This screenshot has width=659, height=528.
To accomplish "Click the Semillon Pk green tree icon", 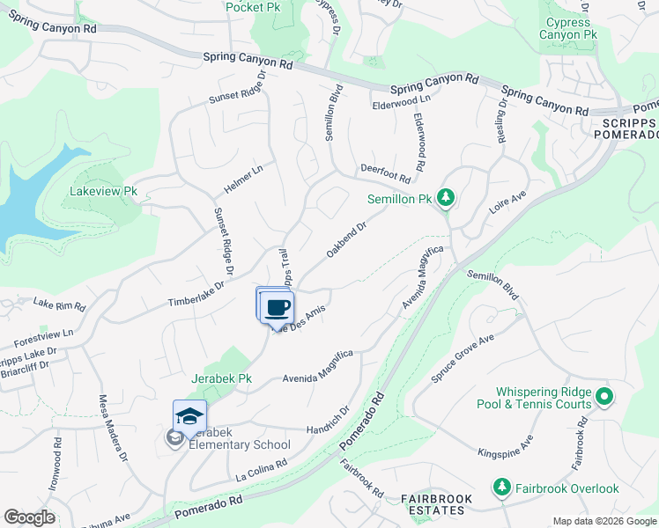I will click(x=446, y=197).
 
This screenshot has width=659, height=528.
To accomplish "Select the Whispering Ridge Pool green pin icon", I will click(x=604, y=397).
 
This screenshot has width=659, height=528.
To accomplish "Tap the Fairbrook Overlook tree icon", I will click(x=502, y=487).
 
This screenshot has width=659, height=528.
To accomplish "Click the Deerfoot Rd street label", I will click(x=386, y=172).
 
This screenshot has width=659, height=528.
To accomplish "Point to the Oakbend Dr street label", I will click(x=345, y=238).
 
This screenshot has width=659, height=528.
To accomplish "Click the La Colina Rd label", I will click(x=262, y=469).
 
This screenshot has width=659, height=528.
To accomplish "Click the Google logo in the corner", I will click(x=29, y=517).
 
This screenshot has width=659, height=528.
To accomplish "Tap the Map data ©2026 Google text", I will click(x=604, y=521).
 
